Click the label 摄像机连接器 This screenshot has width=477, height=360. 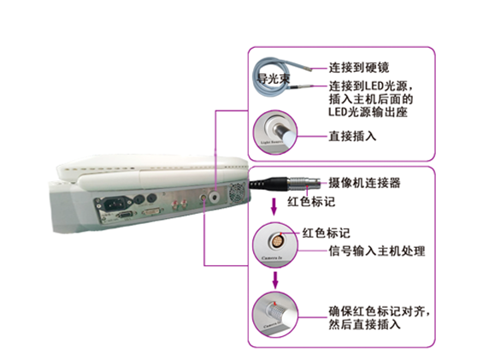(x=365, y=183)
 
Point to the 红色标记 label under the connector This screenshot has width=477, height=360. (x=309, y=203)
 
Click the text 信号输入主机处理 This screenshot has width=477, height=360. (x=377, y=251)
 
